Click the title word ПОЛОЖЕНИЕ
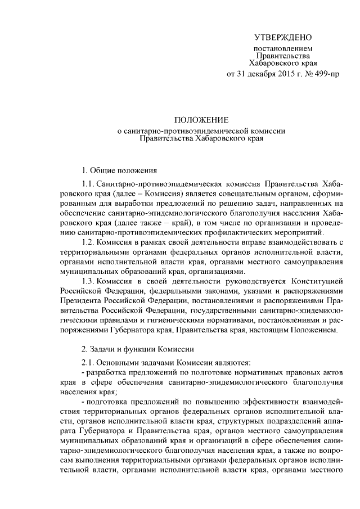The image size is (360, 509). click(200, 120)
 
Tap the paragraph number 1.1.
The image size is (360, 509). click(88, 184)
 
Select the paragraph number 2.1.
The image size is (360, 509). click(88, 363)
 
